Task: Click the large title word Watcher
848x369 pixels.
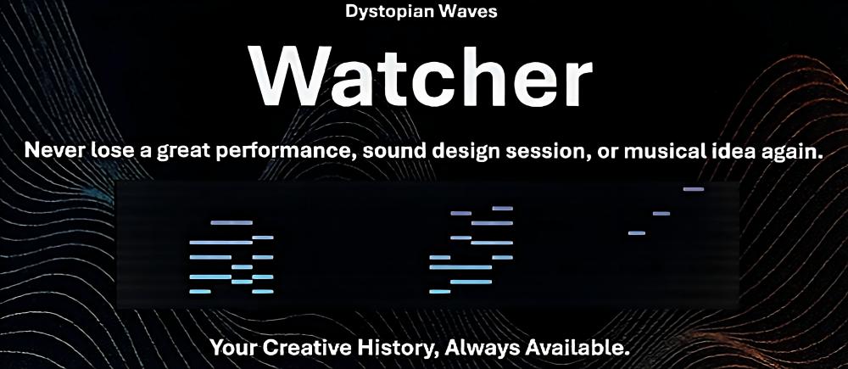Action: (x=421, y=76)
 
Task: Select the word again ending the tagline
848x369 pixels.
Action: (x=789, y=152)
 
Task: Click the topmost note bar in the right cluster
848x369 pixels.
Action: (x=694, y=189)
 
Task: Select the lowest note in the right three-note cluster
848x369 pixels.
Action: (x=637, y=233)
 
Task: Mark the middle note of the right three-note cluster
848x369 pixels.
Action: (x=661, y=214)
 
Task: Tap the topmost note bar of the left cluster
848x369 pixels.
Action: (x=232, y=222)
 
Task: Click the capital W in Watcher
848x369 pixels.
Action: (x=286, y=77)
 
